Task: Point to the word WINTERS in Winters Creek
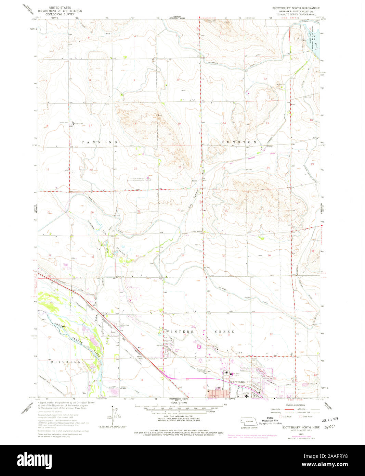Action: tap(175, 332)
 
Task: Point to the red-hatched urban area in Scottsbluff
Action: tap(216, 393)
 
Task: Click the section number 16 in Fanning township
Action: tap(135, 124)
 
